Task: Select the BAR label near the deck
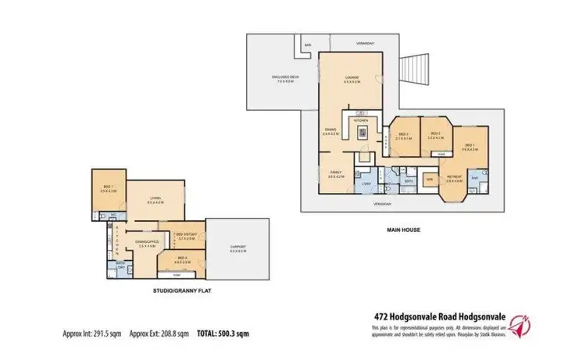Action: tap(308, 45)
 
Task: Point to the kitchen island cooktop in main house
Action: tap(361, 132)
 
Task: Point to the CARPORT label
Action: tap(238, 249)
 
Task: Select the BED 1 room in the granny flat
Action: tap(107, 188)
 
